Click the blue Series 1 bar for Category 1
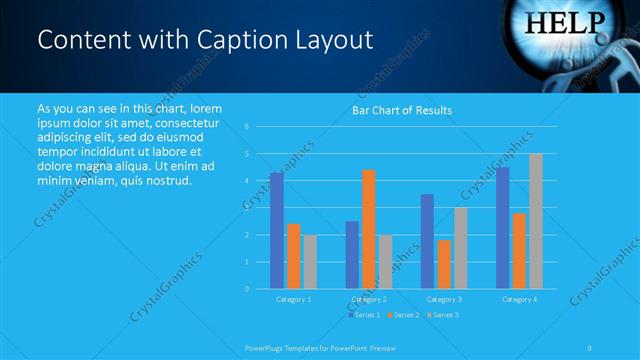(276, 231)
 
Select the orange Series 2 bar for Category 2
(368, 229)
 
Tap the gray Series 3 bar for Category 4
(535, 221)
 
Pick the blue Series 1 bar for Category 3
(427, 241)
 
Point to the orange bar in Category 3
(444, 264)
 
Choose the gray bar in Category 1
(310, 262)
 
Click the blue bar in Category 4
(502, 228)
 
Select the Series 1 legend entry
(363, 315)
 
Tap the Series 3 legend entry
(443, 315)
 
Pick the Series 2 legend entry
(403, 315)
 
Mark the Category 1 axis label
(293, 299)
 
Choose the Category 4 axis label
(518, 299)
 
